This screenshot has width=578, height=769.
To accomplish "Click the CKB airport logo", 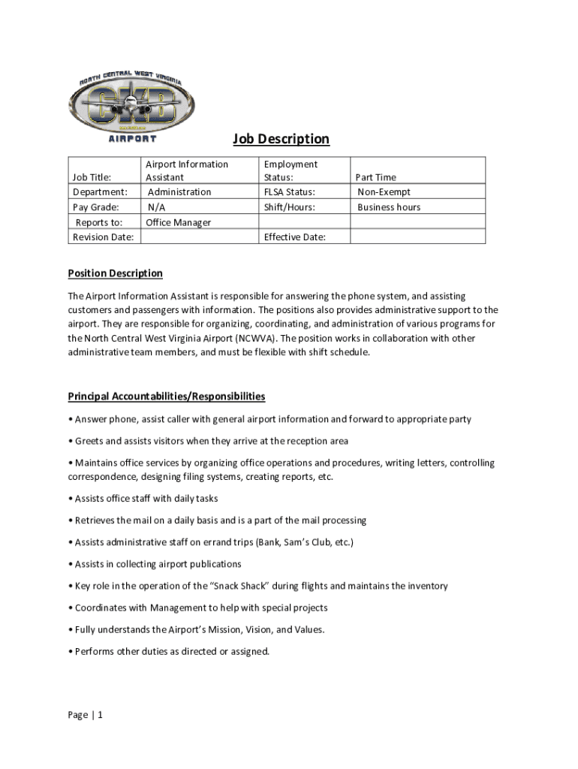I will [131, 106].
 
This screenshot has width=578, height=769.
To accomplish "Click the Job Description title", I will [281, 139].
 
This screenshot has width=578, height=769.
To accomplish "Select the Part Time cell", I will [376, 177].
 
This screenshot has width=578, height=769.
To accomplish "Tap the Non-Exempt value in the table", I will [384, 192].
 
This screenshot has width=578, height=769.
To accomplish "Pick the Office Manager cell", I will [178, 222].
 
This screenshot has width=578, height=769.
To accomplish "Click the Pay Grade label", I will [95, 207].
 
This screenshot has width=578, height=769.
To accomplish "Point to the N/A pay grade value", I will [157, 207].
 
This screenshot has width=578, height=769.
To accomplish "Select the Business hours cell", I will [389, 207].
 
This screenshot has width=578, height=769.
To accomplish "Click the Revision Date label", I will [103, 237].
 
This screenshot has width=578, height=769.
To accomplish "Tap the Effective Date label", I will [294, 237].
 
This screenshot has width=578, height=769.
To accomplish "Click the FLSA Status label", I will [289, 192].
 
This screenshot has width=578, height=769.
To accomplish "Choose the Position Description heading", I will [115, 273].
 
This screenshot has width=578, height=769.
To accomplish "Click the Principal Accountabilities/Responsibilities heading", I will [167, 396].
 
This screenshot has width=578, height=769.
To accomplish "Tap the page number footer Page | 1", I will [85, 715].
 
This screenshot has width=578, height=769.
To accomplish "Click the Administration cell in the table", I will [179, 192].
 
